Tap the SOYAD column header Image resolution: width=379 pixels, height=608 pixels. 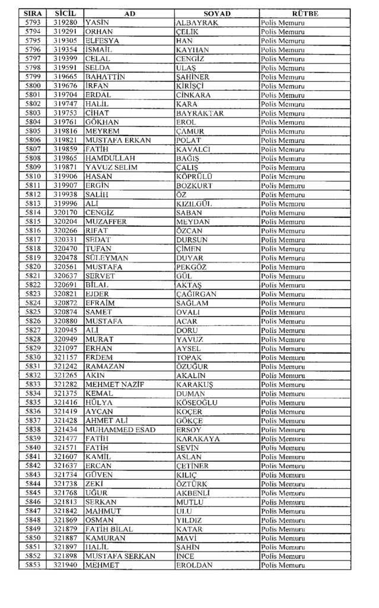[x=216, y=14]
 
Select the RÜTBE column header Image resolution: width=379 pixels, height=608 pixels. [x=305, y=14]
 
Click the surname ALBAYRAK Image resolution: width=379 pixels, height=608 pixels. [x=198, y=23]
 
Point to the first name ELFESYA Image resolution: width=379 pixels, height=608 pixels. [x=103, y=40]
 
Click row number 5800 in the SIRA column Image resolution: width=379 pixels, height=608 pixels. [x=33, y=85]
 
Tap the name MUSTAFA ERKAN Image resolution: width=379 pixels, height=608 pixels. [x=118, y=140]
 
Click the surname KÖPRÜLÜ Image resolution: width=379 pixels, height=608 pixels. [x=194, y=176]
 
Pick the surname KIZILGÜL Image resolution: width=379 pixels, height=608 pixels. [x=194, y=204]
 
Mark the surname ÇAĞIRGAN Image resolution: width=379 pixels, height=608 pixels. [x=196, y=294]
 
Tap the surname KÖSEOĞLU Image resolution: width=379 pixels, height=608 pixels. [x=197, y=403]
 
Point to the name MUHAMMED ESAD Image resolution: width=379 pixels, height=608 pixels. [x=120, y=429]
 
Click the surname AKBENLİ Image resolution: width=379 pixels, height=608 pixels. [x=195, y=493]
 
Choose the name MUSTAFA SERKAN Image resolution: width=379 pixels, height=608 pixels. [x=120, y=556]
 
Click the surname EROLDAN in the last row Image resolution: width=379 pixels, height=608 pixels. [x=195, y=565]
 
